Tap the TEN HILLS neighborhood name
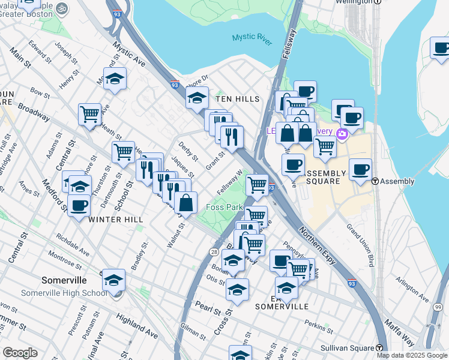[x=237, y=99]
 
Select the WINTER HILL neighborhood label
[x=116, y=220]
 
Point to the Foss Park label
[x=224, y=207]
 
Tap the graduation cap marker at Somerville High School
[x=113, y=280]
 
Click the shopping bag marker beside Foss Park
[x=186, y=203]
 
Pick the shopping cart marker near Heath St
[x=89, y=113]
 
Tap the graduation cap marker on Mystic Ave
[x=115, y=79]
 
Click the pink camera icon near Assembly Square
[x=343, y=133]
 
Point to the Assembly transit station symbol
[x=375, y=181]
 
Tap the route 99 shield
[x=437, y=307]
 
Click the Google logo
[x=20, y=353]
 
